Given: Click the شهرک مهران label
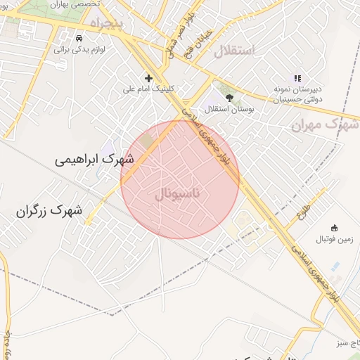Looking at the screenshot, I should (325, 124).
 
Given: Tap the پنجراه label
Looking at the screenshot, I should (105, 25).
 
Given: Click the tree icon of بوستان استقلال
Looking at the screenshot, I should (229, 98).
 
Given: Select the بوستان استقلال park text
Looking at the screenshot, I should (229, 110).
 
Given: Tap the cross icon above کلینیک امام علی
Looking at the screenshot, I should (148, 78).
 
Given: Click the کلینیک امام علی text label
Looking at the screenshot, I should (148, 89).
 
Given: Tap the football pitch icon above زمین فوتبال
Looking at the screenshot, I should (334, 228).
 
